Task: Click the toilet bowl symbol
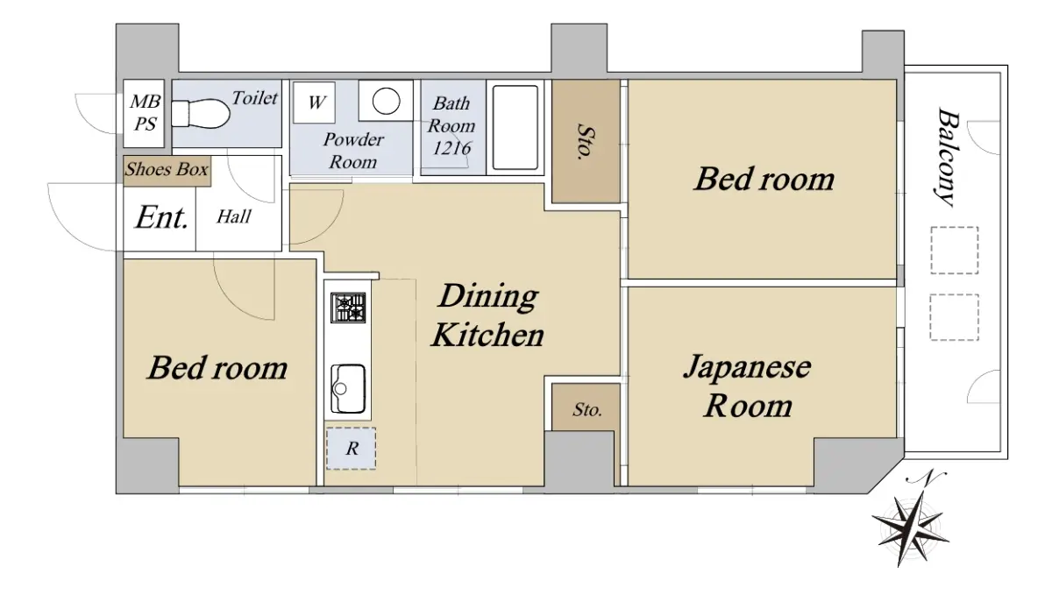coord(201,114)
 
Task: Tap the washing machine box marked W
coord(314,103)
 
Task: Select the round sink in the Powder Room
coord(386,101)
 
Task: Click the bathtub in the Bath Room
coord(515,127)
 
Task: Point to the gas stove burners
coord(348,308)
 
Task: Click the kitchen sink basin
coord(348,389)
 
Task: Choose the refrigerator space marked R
coord(352,449)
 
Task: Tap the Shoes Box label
coord(167,169)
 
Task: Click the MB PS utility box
coord(144,113)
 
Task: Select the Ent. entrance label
coord(162,217)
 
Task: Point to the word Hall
coord(234,217)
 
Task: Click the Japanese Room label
coord(747,386)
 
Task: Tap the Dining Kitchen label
coord(488,315)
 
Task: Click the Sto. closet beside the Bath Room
coord(586,141)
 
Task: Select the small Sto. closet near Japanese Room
coord(586,407)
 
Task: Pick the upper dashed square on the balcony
coord(955,251)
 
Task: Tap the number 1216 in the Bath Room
coord(451,148)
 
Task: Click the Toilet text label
coord(255,98)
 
